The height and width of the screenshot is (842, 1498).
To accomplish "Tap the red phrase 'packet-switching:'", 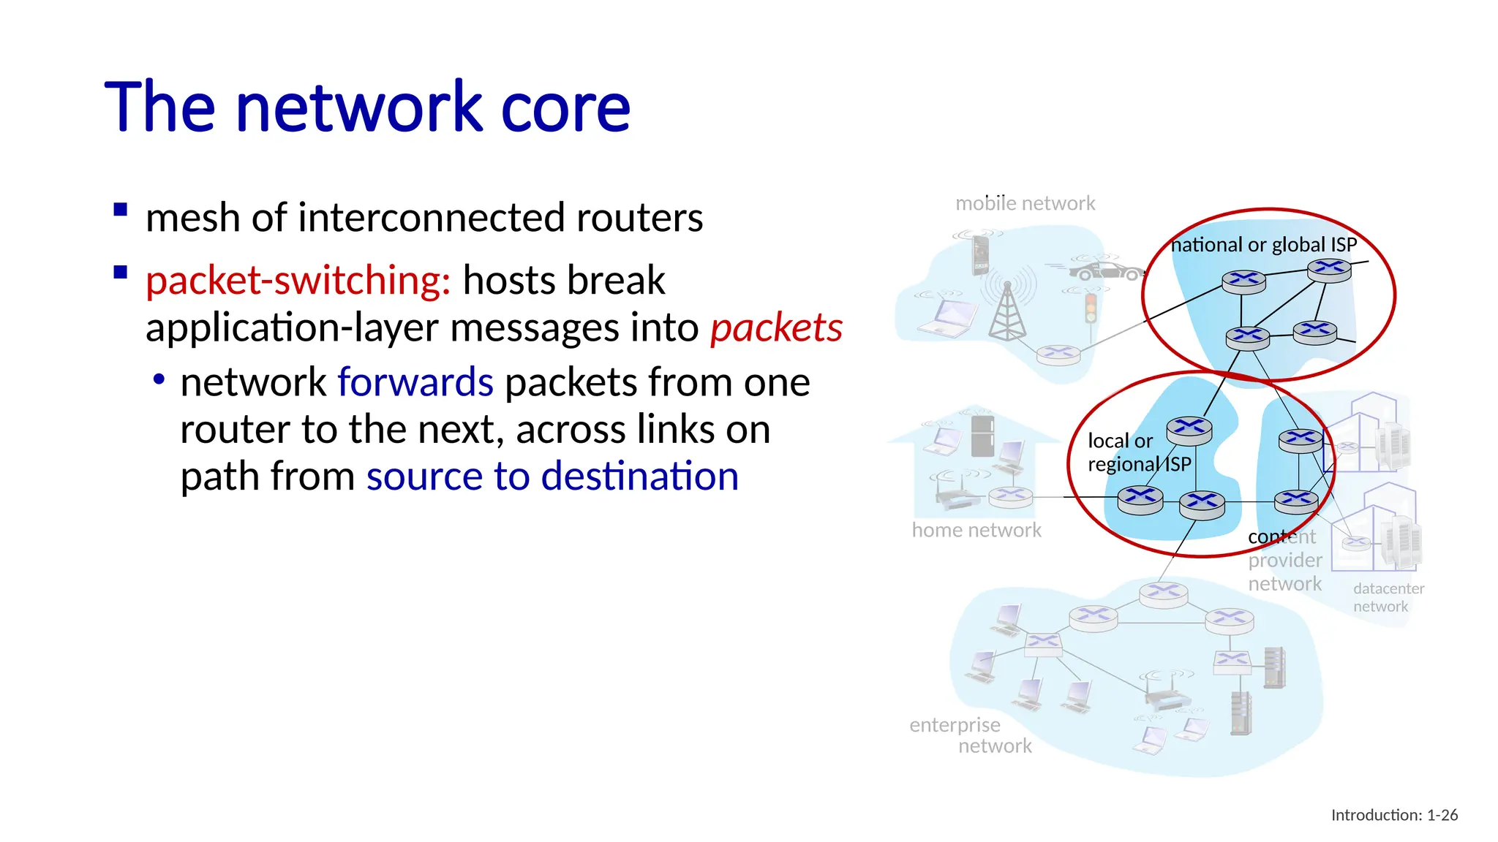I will [298, 281].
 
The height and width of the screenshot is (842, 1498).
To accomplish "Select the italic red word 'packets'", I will [776, 327].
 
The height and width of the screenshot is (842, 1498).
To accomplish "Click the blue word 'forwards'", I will [415, 382].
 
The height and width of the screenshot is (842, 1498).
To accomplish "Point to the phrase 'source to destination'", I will [552, 477].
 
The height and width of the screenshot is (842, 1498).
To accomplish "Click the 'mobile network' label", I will [1025, 203].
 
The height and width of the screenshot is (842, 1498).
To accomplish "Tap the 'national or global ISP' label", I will [1263, 245].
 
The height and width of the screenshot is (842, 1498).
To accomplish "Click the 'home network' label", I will [976, 530].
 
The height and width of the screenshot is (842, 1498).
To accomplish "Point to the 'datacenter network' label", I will [1387, 597].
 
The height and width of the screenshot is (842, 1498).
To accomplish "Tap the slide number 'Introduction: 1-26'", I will [1393, 815].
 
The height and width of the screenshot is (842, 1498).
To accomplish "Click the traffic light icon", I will [1091, 308].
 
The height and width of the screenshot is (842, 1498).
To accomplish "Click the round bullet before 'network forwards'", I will [159, 380].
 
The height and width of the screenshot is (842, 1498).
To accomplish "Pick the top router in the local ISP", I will [1189, 430].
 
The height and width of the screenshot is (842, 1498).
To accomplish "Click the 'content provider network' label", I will [1284, 561].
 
